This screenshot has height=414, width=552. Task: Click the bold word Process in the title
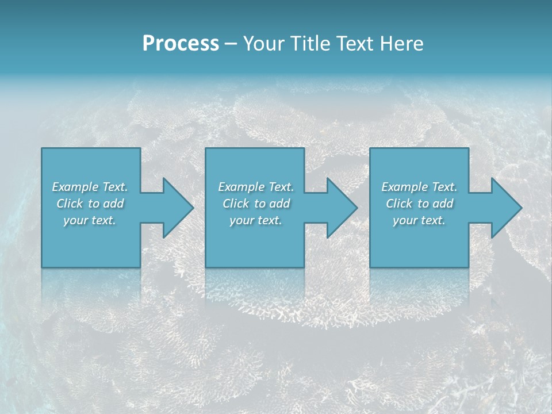coord(181,44)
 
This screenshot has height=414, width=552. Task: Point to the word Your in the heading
coord(263,44)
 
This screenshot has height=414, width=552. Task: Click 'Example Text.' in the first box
coord(90,187)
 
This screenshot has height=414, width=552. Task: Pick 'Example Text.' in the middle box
coord(256,187)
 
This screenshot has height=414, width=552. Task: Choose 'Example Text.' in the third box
coord(419,187)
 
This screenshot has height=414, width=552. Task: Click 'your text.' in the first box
coord(90,220)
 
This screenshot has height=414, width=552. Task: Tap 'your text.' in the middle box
coord(256,220)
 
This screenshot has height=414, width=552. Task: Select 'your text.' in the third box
coord(419,220)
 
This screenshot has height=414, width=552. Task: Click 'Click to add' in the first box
coord(90,204)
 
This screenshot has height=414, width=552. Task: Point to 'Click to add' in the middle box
coord(256,204)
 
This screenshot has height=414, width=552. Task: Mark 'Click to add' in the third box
coord(419,204)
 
